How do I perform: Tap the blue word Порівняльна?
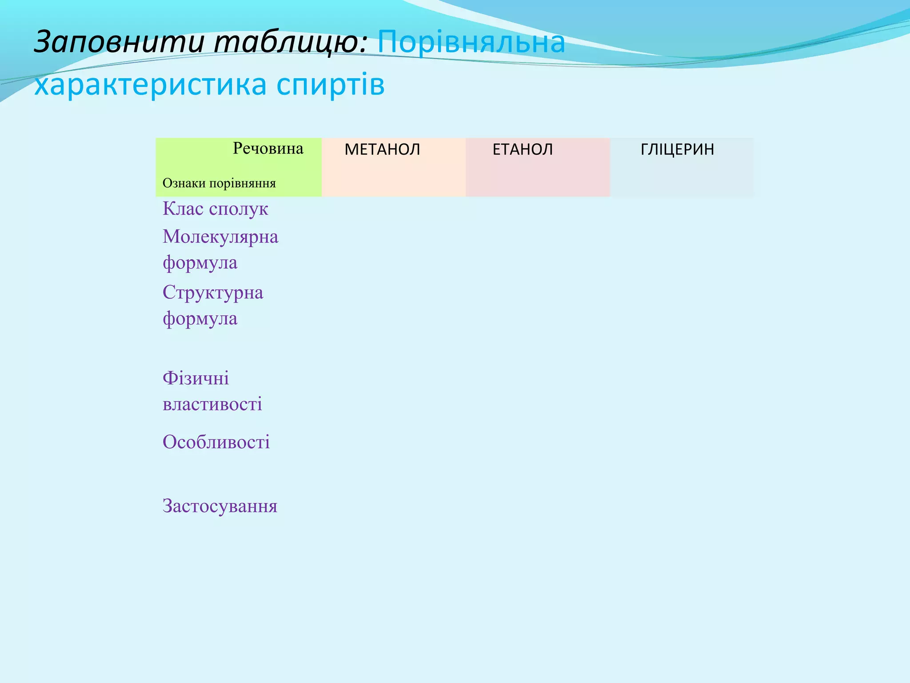point(471,43)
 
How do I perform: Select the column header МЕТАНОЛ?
point(382,149)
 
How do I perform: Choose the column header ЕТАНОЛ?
point(523,149)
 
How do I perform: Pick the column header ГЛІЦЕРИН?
point(677,149)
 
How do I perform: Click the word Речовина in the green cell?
point(268,149)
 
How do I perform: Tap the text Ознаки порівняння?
point(219,183)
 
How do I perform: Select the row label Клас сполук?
point(215,209)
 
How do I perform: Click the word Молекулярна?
point(220,237)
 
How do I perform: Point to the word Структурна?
point(213,293)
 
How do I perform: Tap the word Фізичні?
point(196,378)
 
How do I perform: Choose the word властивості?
point(212,404)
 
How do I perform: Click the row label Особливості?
point(216,442)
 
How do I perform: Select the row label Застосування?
point(220,506)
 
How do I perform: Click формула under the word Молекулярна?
point(200,263)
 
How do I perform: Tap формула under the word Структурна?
point(200,319)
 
